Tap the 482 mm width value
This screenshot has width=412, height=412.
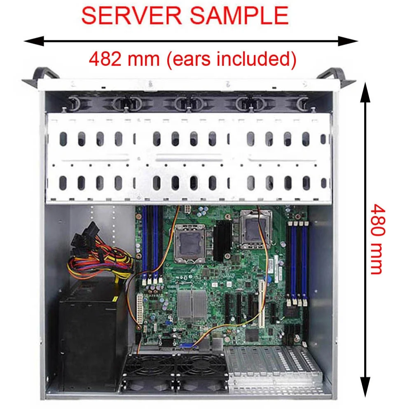pyautogui.click(x=124, y=59)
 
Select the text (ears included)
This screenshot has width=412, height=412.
pyautogui.click(x=231, y=59)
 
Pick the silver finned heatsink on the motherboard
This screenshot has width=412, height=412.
pyautogui.click(x=192, y=303)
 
